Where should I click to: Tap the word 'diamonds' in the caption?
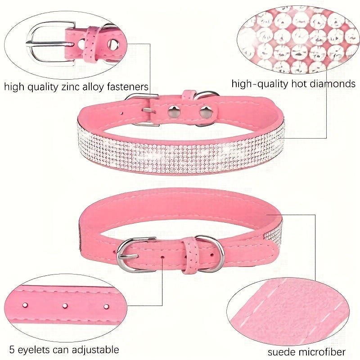coord(333,84)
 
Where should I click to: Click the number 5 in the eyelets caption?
coord(12,350)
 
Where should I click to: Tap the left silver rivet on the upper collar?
coord(174,112)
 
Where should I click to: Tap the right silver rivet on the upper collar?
coord(206,112)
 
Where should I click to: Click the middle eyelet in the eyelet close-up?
coord(65,306)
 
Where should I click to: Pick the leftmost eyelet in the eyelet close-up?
coord(25,305)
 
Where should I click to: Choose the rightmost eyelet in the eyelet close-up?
coord(106,306)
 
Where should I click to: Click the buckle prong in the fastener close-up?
coord(49,43)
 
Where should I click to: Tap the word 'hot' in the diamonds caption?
coord(299,84)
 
